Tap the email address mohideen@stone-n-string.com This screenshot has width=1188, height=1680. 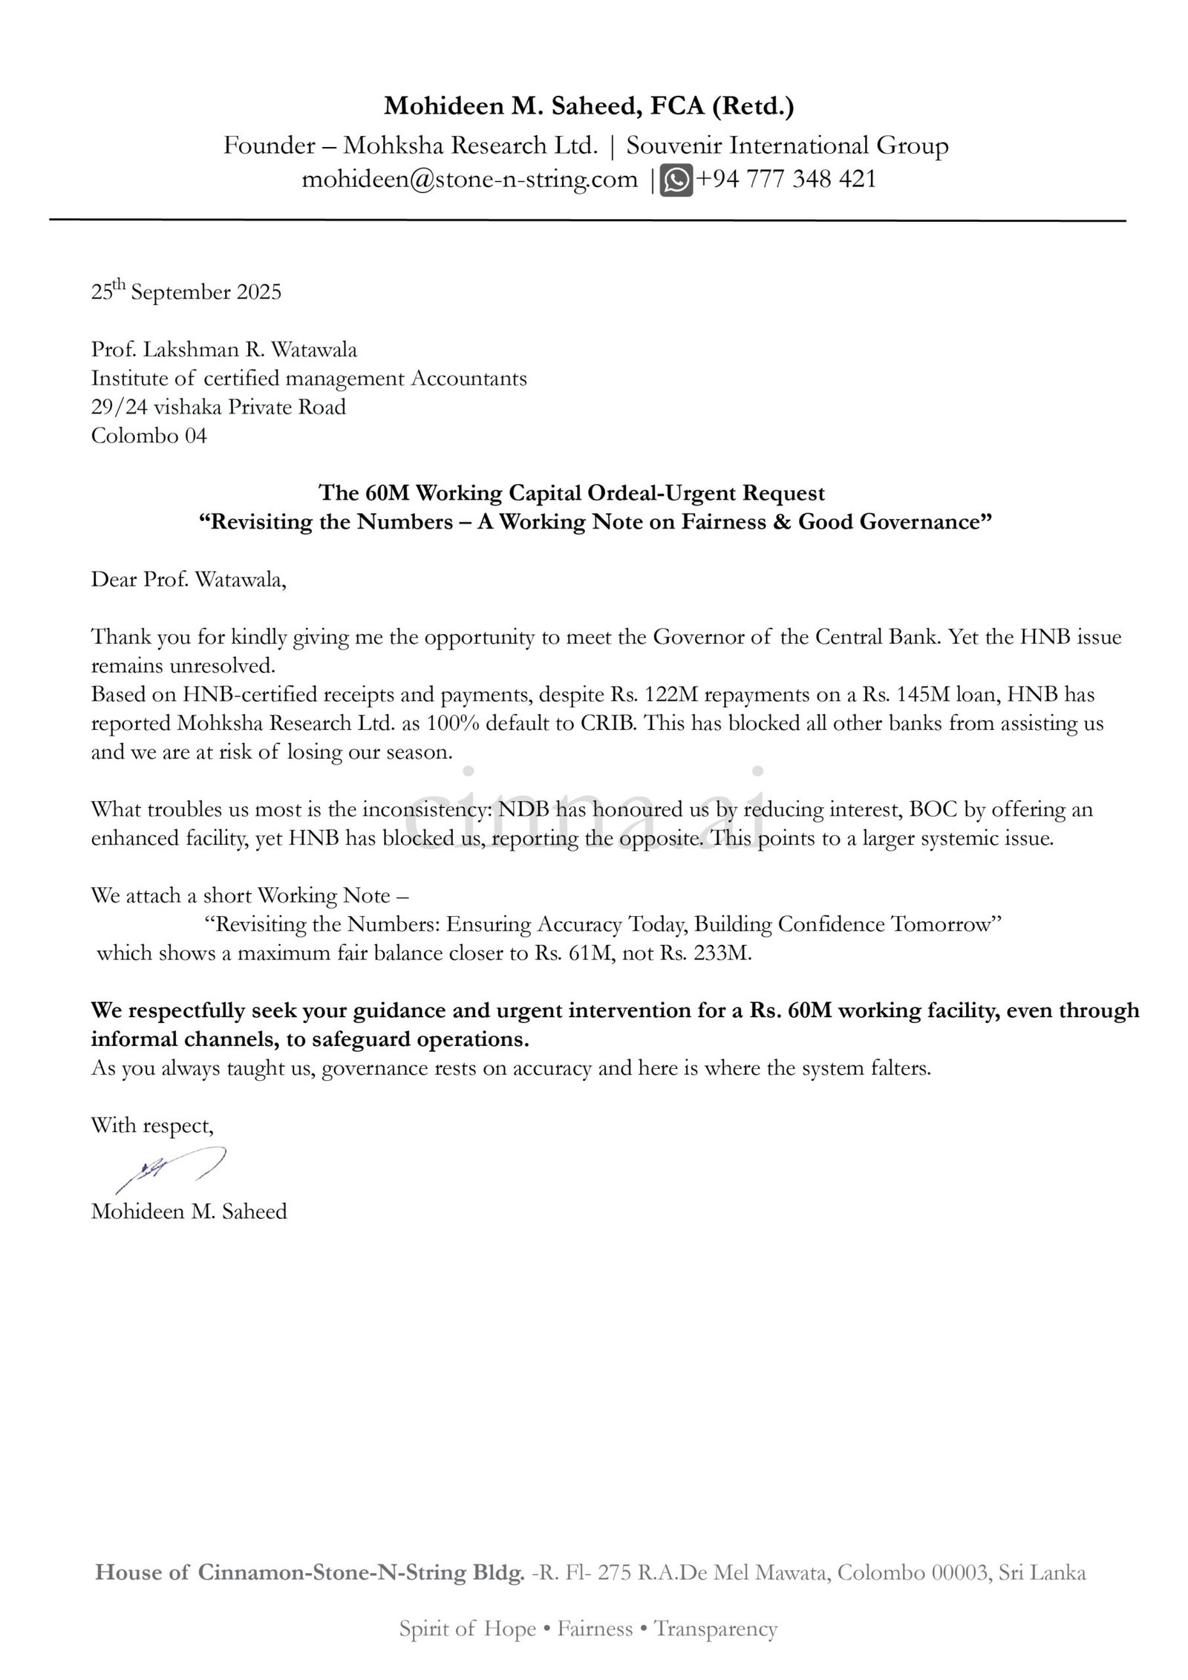(x=469, y=180)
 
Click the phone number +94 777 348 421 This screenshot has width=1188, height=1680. (x=786, y=180)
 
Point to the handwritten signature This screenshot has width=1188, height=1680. (x=171, y=1171)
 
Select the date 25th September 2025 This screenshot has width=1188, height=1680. (x=186, y=292)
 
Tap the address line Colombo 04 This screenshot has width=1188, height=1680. (x=149, y=436)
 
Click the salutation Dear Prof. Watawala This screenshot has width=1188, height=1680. (x=189, y=579)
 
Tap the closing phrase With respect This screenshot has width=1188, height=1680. (x=152, y=1125)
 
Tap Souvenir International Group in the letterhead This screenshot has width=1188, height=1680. (x=787, y=146)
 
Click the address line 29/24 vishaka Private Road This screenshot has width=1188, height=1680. (x=218, y=407)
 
